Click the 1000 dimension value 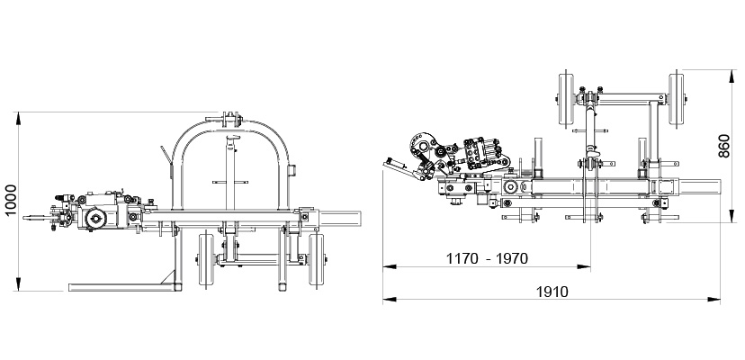pyautogui.click(x=11, y=200)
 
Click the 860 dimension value pyautogui.click(x=723, y=147)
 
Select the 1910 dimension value pyautogui.click(x=552, y=292)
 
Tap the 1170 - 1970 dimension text pyautogui.click(x=487, y=258)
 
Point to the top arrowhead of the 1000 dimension pyautogui.click(x=19, y=118)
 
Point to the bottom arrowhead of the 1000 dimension pyautogui.click(x=19, y=284)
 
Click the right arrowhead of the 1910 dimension pyautogui.click(x=714, y=300)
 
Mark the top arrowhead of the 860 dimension pyautogui.click(x=732, y=76)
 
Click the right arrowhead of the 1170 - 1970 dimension pyautogui.click(x=584, y=266)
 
